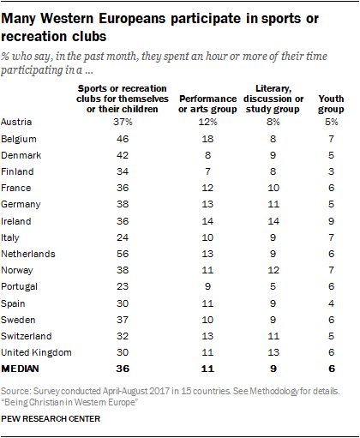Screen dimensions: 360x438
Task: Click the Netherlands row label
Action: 28,254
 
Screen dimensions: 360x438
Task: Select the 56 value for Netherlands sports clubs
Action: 123,254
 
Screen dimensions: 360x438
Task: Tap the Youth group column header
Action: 331,104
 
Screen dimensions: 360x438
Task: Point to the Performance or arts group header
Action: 207,104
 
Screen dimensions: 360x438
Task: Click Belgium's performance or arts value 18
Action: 207,139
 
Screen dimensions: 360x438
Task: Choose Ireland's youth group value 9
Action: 331,221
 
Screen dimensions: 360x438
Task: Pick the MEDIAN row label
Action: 20,369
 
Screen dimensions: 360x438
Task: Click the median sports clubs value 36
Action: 123,369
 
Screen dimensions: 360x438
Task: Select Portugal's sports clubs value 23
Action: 123,286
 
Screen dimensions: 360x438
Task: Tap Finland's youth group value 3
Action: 331,171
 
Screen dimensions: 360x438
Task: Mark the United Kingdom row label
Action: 36,352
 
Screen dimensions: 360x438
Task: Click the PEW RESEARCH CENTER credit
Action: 51,419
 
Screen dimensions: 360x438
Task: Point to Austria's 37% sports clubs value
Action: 123,122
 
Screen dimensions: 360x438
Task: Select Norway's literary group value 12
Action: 273,270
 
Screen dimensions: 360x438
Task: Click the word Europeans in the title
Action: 132,19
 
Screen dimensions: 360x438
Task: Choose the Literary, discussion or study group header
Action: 273,99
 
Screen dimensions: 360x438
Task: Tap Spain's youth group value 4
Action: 331,303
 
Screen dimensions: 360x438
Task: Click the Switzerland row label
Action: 27,336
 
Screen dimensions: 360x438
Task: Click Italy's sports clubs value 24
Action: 123,237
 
